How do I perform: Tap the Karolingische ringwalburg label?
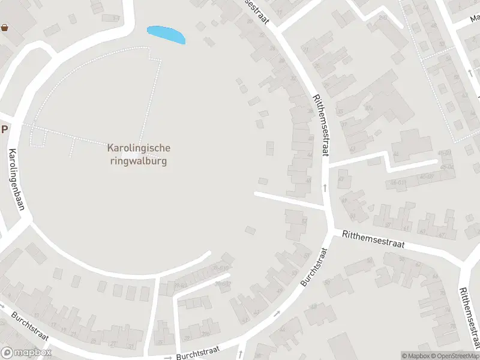(139, 154)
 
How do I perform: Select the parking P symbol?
(5, 129)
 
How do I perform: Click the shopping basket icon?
(5, 27)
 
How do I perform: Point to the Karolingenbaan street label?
(17, 179)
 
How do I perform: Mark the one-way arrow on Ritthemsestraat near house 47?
(325, 188)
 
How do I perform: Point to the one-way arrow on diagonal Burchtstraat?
(277, 313)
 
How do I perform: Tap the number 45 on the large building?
(368, 108)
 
